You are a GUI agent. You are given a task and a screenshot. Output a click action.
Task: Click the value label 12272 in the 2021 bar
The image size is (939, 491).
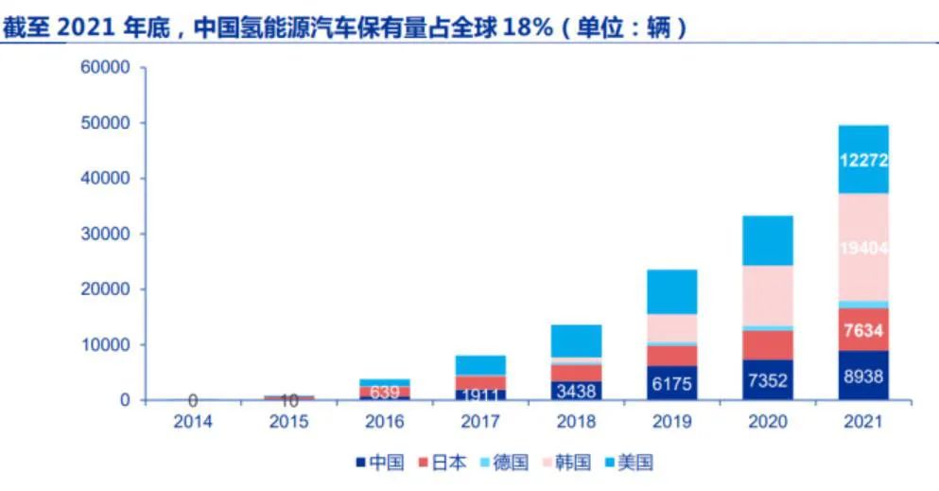tap(862, 160)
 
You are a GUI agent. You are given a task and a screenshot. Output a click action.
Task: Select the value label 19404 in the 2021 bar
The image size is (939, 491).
tap(862, 248)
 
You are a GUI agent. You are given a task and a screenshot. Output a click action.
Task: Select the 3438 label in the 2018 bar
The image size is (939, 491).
tap(575, 390)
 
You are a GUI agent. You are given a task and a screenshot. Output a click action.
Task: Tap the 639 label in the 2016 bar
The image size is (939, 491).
tap(384, 391)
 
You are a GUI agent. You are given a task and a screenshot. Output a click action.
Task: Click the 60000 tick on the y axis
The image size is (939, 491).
tap(106, 68)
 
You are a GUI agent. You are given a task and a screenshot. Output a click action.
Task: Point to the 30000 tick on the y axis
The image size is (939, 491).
tap(106, 234)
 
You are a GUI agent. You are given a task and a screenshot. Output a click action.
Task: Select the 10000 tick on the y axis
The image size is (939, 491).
tap(106, 345)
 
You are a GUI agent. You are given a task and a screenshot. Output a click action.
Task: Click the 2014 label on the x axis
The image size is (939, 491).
tap(193, 421)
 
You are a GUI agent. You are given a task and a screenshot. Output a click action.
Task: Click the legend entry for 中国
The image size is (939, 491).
tap(381, 463)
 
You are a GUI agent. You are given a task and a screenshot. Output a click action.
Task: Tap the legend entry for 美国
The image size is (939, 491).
tap(629, 463)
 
